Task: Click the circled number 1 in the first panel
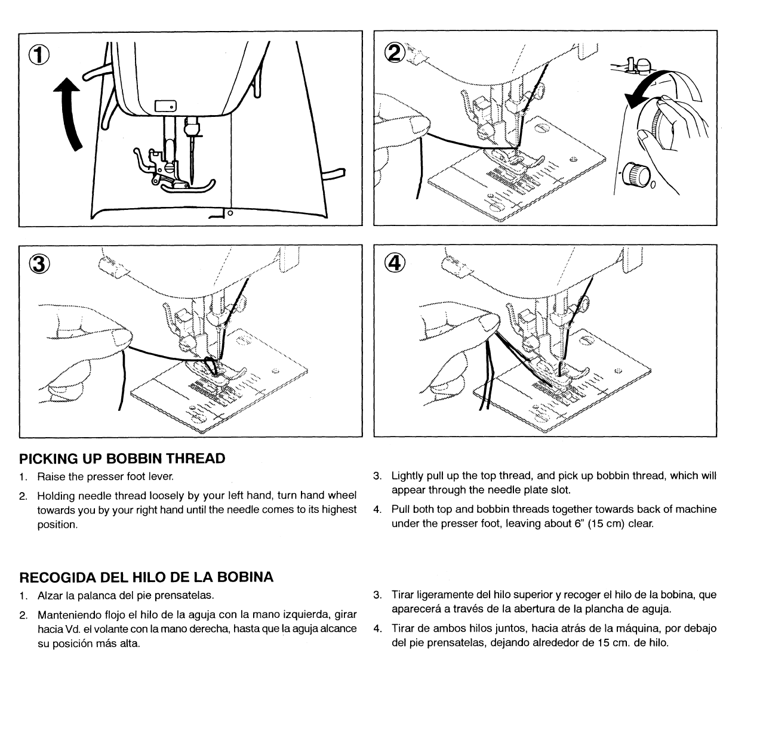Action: pyautogui.click(x=38, y=56)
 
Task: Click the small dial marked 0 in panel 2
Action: pyautogui.click(x=636, y=175)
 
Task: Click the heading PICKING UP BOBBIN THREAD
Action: pyautogui.click(x=122, y=459)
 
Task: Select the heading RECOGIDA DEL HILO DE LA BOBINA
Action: pyautogui.click(x=146, y=577)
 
